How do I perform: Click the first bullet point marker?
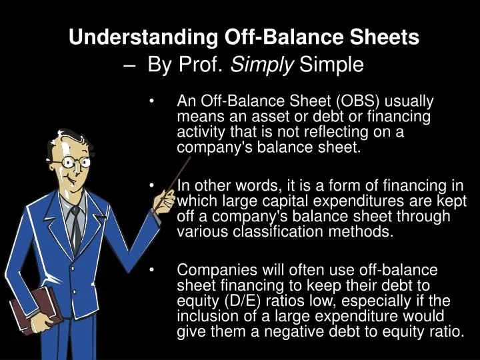(x=153, y=102)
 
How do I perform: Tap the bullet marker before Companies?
(x=153, y=271)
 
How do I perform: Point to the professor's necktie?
(x=77, y=230)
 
